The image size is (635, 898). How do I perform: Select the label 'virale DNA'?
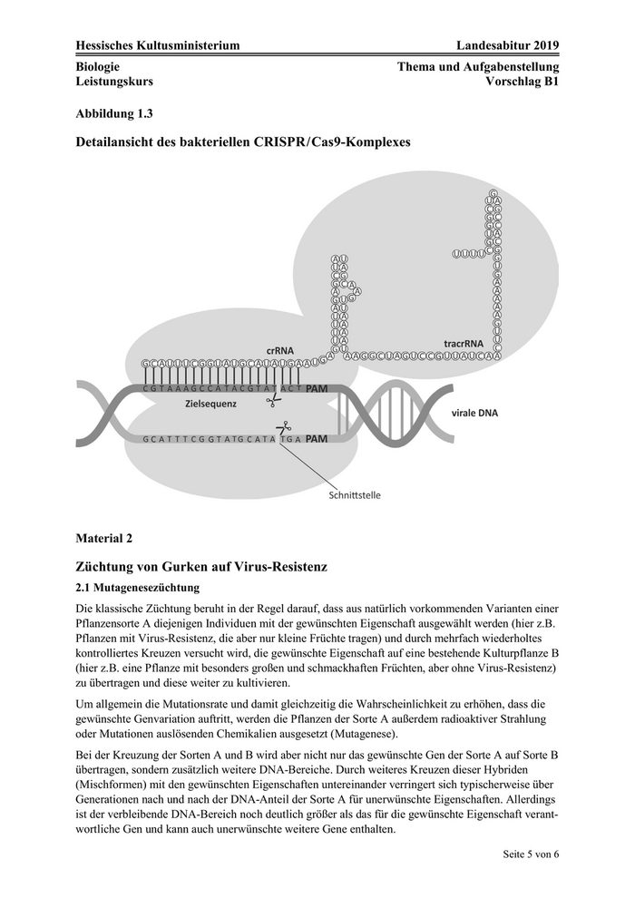pos(475,413)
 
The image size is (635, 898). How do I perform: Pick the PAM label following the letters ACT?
pos(317,388)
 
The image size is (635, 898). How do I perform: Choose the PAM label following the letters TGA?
pos(316,439)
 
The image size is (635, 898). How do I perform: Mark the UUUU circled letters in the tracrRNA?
pos(469,254)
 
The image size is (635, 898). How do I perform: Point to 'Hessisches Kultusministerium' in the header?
pos(158,46)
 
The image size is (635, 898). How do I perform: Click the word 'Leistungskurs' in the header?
pos(114,81)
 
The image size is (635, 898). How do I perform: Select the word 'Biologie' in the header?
pos(99,66)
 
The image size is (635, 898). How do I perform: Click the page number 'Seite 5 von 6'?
pos(531,854)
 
